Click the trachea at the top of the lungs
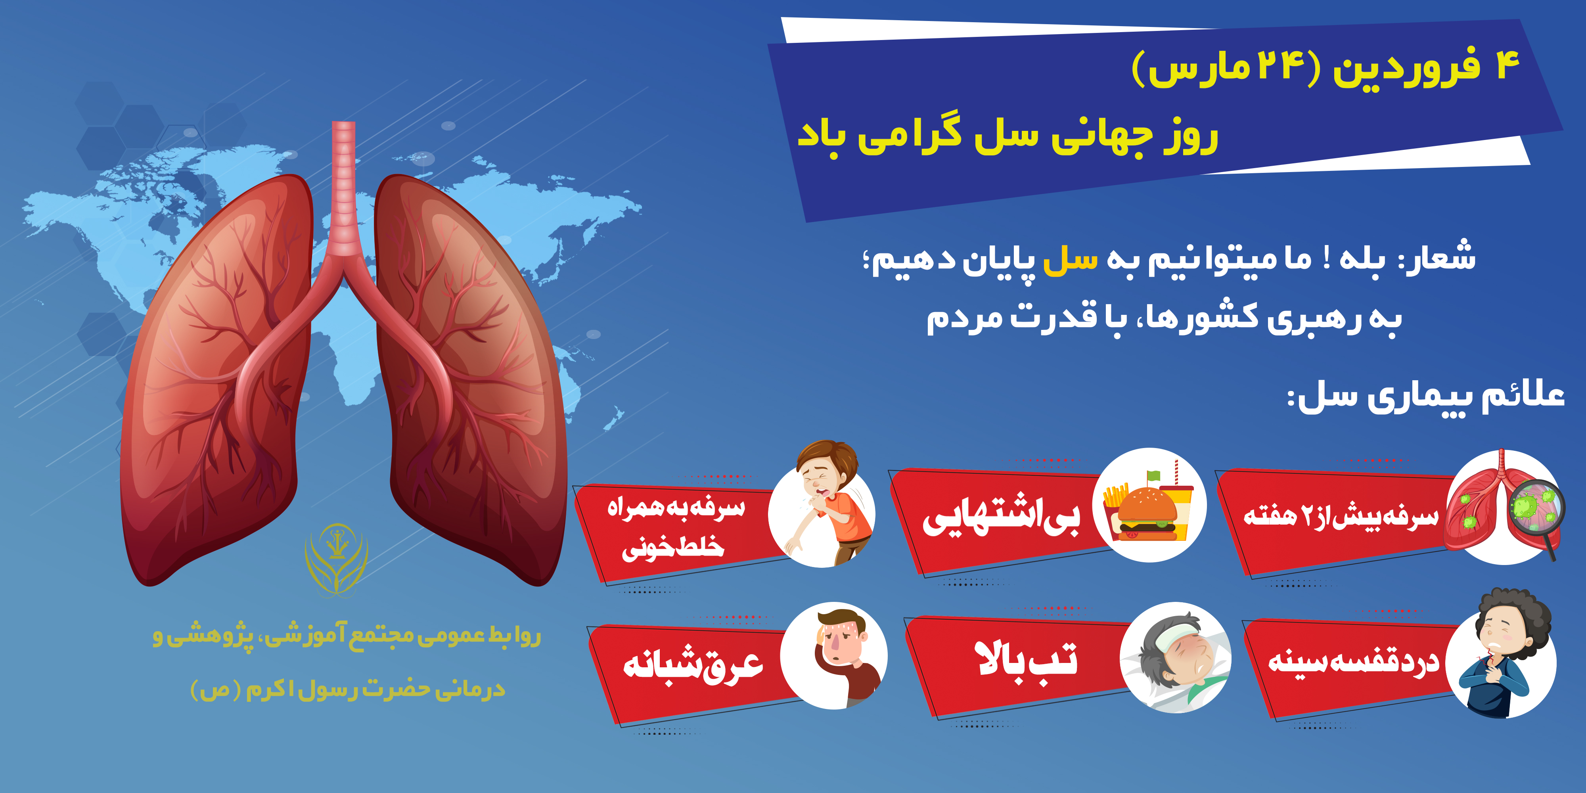tap(343, 185)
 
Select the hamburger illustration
tap(1146, 512)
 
